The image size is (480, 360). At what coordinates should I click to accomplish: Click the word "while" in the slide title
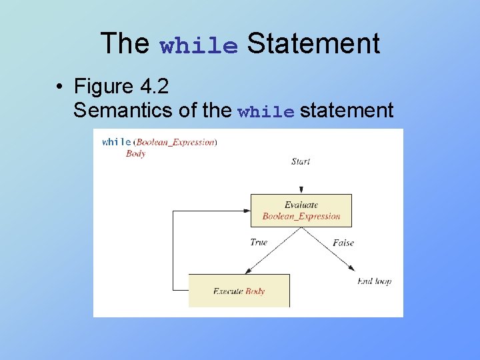[x=199, y=46]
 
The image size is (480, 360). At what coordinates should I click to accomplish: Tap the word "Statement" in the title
[x=313, y=44]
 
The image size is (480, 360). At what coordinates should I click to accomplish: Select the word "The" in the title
[x=125, y=44]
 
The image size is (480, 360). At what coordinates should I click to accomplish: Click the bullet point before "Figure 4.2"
[x=60, y=87]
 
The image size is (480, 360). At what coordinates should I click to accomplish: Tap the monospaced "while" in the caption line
[x=265, y=112]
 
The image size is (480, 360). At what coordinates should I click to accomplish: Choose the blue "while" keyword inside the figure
[x=117, y=141]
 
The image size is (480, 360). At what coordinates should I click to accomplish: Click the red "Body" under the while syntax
[x=135, y=153]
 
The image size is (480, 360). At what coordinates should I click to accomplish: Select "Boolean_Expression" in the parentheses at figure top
[x=176, y=141]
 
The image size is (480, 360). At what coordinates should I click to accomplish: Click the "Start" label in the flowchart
[x=301, y=161]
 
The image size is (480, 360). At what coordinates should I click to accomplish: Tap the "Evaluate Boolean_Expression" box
[x=301, y=210]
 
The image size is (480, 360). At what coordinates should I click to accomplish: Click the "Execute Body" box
[x=239, y=291]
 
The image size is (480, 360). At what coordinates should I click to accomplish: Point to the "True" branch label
[x=259, y=242]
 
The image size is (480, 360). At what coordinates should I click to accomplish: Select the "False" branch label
[x=343, y=243]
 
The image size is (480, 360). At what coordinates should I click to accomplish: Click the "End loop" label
[x=374, y=281]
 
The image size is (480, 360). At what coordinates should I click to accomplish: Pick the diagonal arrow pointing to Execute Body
[x=274, y=250]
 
